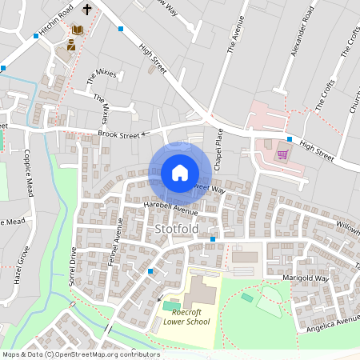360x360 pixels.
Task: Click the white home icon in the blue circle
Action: click(x=180, y=173)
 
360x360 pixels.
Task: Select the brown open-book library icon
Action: click(x=78, y=30)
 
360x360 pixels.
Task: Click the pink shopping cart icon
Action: click(x=282, y=154)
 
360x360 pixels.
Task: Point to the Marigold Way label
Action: click(x=306, y=278)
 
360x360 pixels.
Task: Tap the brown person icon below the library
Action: click(x=71, y=46)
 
